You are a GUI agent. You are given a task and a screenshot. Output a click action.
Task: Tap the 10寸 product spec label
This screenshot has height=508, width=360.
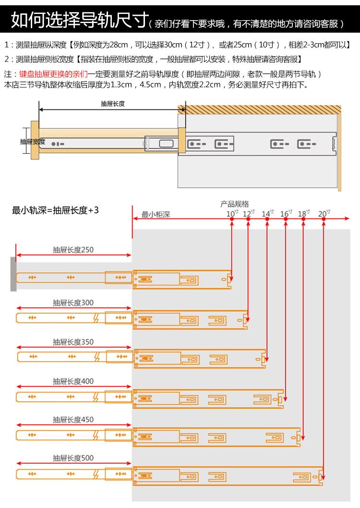click(231, 213)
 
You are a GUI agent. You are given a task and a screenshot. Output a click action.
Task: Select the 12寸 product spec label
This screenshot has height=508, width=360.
click(248, 213)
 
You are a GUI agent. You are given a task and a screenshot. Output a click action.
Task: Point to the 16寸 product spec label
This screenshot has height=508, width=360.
click(286, 213)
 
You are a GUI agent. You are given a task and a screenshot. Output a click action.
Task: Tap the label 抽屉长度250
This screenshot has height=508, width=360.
click(73, 250)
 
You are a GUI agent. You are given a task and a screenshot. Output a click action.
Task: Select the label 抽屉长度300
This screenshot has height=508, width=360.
click(73, 302)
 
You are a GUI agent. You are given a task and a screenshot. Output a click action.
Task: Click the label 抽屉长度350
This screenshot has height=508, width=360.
click(73, 342)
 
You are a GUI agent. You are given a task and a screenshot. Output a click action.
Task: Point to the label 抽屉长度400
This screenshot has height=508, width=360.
click(73, 381)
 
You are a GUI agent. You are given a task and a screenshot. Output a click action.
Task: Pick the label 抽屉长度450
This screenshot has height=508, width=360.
click(73, 420)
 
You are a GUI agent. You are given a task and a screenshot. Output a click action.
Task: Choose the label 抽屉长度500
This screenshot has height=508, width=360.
click(73, 458)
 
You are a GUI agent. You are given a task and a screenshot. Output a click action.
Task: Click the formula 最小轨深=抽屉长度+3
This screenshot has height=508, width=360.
click(55, 210)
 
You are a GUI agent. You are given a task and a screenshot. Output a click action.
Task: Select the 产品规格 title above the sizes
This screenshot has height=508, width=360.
click(235, 204)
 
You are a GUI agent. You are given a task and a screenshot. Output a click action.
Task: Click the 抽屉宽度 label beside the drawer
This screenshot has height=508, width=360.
click(32, 142)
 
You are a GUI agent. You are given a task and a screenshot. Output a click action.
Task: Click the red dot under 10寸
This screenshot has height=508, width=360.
click(231, 219)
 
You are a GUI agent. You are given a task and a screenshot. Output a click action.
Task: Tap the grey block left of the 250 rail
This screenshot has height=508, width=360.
click(13, 274)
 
